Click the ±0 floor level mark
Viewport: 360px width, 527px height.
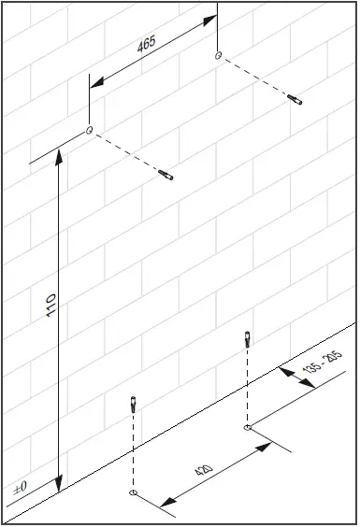20,488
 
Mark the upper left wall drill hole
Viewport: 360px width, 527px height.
90,130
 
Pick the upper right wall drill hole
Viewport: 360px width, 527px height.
218,56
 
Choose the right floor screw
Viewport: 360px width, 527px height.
247,337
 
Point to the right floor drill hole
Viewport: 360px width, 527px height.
247,427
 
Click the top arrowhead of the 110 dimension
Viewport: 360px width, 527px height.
61,156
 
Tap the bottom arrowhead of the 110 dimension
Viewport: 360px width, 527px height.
61,485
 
